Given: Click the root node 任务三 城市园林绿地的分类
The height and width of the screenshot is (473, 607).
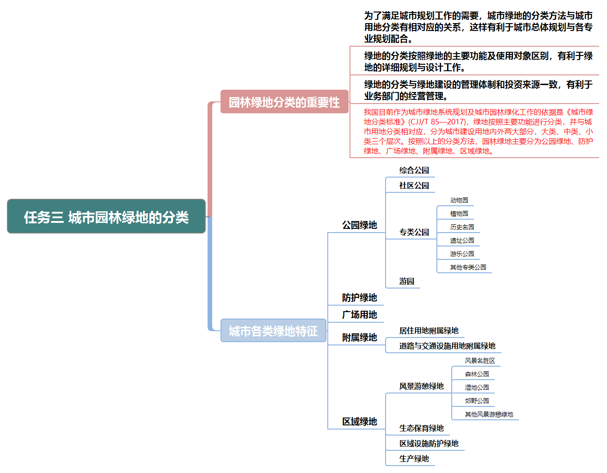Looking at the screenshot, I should (x=106, y=216).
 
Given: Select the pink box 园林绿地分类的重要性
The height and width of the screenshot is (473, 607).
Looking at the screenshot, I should (x=284, y=102).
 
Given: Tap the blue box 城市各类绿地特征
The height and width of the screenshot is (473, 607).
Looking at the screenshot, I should (x=273, y=331).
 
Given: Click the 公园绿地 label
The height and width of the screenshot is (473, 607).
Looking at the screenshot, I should (x=359, y=225).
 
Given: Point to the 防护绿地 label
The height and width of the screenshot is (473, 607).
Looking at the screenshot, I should (x=359, y=298).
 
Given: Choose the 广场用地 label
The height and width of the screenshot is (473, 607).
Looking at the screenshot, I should (x=359, y=315).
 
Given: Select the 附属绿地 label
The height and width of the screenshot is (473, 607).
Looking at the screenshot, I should (x=359, y=338).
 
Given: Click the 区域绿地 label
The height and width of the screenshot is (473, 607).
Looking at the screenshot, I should (x=359, y=422).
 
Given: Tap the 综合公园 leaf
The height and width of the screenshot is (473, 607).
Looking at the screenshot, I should (x=414, y=170).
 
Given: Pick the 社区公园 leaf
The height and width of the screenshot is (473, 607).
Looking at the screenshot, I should (x=414, y=185).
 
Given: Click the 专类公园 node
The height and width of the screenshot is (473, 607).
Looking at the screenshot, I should (x=414, y=232).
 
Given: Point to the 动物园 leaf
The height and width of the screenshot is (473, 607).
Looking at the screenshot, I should (x=459, y=200).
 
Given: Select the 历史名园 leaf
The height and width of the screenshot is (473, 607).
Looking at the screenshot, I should (x=462, y=227).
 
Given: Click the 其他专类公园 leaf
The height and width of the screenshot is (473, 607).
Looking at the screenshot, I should (x=468, y=267).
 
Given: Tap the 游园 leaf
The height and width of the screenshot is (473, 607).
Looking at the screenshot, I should (x=406, y=281).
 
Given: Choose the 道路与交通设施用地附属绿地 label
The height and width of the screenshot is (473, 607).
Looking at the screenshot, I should (x=447, y=346).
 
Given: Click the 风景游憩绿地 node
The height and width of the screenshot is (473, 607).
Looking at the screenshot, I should (x=421, y=386).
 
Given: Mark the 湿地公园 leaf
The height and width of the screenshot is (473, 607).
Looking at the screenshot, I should (x=477, y=387).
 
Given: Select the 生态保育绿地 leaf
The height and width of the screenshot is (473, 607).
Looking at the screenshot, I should (x=421, y=428).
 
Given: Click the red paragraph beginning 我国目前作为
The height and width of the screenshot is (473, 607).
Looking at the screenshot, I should (x=478, y=131).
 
